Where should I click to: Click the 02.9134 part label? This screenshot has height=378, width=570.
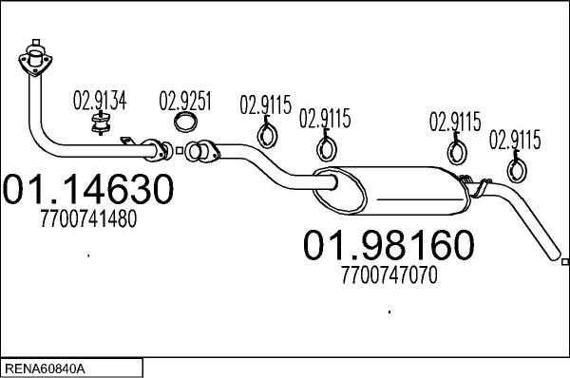[100, 101]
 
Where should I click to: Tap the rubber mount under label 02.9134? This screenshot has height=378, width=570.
[101, 123]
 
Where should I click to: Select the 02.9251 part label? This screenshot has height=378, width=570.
[185, 101]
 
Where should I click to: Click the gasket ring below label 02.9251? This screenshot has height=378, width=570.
[186, 123]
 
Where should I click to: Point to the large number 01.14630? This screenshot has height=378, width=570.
[88, 189]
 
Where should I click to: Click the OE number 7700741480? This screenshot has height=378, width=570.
[88, 218]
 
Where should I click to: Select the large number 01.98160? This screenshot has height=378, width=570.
[389, 245]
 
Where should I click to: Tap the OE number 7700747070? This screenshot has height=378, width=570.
[389, 275]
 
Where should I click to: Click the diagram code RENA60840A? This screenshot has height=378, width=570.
[45, 369]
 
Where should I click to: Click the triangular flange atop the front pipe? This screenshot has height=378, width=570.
[35, 61]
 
